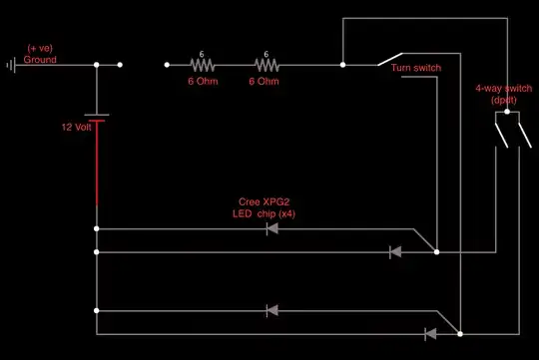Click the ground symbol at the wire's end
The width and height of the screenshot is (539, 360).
tap(10, 66)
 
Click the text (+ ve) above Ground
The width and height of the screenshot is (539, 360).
tap(41, 49)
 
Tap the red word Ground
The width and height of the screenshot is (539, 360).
tap(41, 60)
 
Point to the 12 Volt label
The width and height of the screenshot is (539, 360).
tap(77, 127)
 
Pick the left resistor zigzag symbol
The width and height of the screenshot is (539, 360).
tap(202, 66)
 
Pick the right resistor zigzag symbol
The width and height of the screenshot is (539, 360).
tap(266, 66)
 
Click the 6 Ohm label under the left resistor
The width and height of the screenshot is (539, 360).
tap(203, 82)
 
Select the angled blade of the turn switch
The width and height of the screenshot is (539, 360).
tap(391, 59)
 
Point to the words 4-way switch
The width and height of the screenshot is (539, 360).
tap(501, 90)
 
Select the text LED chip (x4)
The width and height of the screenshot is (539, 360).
tap(253, 213)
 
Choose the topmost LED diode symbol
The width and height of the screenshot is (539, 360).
tap(271, 228)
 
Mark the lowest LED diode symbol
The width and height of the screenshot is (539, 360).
tap(431, 333)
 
